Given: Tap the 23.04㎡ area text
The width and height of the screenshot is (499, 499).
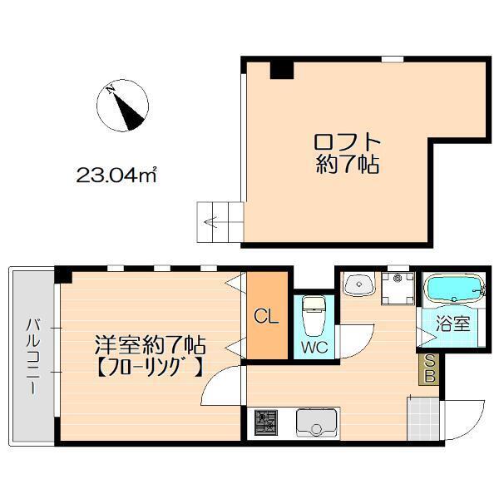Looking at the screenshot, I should tap(117, 175).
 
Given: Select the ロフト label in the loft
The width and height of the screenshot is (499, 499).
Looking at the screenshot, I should tap(348, 141).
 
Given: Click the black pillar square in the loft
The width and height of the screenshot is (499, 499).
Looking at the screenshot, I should tap(283, 69).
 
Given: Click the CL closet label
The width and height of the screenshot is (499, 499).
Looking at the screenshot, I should tap(266, 316).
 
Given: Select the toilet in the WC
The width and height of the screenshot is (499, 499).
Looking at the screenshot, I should tap(314, 313).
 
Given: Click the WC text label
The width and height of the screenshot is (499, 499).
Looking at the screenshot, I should tap(314, 346).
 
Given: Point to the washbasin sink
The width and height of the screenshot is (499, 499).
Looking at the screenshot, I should tap(359, 285).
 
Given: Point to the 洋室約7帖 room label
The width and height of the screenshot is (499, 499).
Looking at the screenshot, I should tap(150, 343).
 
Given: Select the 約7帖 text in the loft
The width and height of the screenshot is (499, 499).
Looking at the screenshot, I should tap(348, 165).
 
